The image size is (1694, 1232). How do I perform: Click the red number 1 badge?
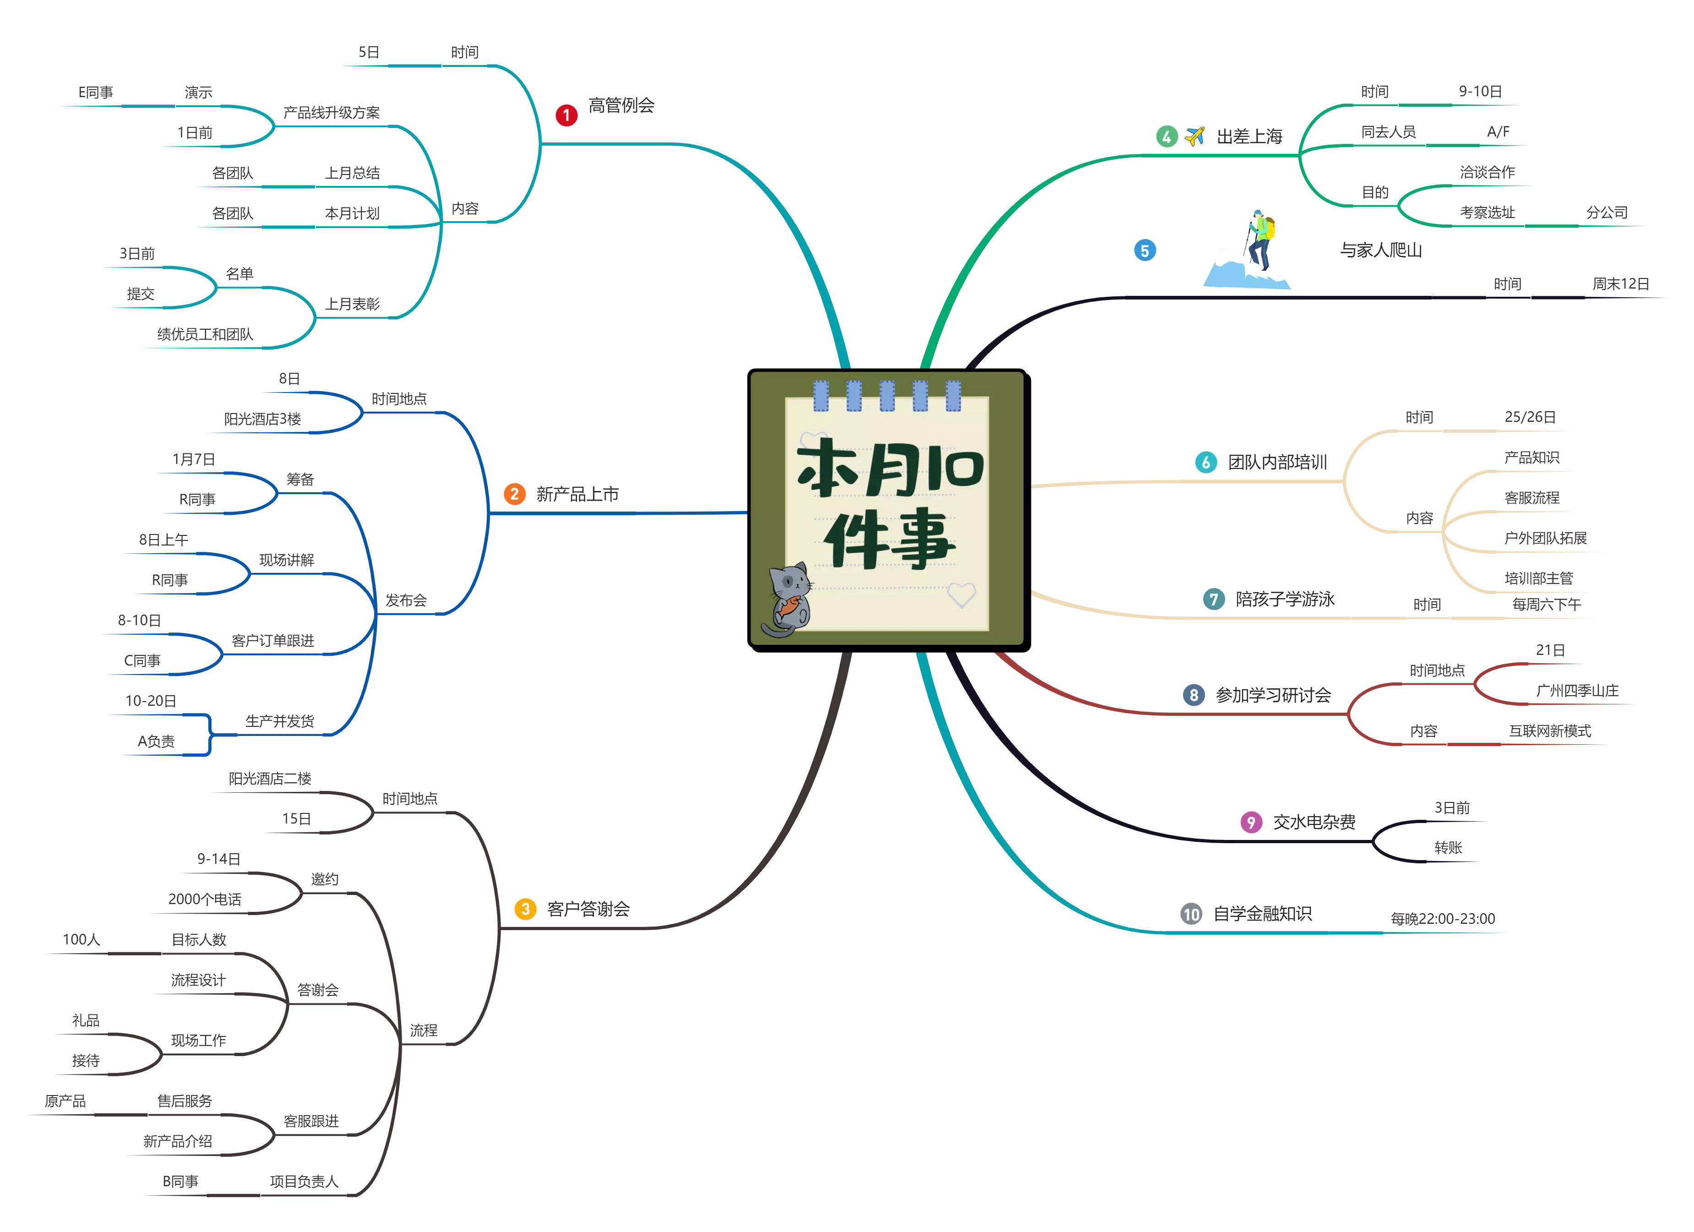(x=566, y=116)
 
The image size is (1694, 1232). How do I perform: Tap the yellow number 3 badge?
(x=526, y=909)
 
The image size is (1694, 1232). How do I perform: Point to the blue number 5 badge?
(x=1145, y=250)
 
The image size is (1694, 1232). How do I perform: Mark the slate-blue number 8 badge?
(x=1194, y=695)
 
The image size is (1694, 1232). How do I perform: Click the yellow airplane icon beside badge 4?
(x=1195, y=136)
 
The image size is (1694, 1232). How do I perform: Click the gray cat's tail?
(x=773, y=631)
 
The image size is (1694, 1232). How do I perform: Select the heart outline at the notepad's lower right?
(x=961, y=595)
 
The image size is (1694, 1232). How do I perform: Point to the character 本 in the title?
(x=826, y=469)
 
